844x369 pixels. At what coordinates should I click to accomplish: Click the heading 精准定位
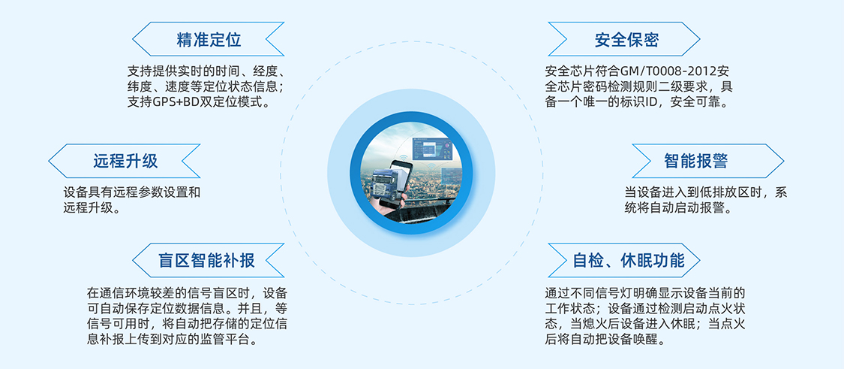(x=209, y=39)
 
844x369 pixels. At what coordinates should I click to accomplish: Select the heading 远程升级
(x=125, y=161)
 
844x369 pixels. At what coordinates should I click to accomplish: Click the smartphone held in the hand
(x=399, y=180)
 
